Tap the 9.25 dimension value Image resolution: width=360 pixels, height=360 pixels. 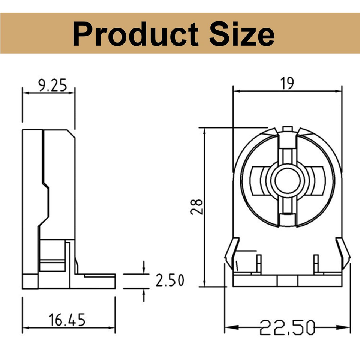(x=52, y=85)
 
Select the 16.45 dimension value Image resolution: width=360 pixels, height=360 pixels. (x=67, y=320)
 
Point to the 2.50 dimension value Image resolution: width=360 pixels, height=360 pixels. (x=170, y=280)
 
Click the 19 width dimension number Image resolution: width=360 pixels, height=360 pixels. (x=288, y=84)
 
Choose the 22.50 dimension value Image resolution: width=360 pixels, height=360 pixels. (x=287, y=327)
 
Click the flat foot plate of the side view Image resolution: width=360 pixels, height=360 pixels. (x=96, y=281)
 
